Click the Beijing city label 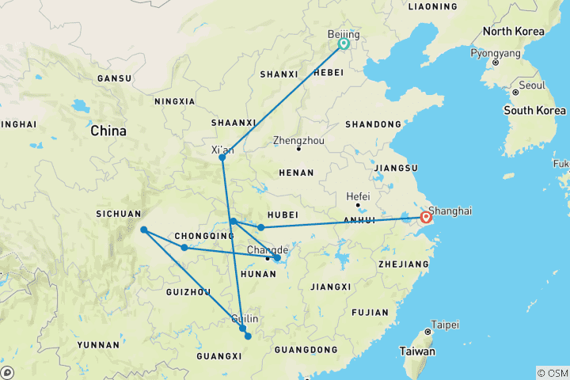[x=344, y=35]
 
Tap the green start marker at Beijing [x=344, y=44]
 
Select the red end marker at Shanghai [x=427, y=217]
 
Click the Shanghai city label [x=450, y=211]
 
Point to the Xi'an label [x=223, y=148]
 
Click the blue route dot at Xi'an [x=222, y=158]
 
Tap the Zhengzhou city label [x=298, y=140]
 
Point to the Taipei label [x=443, y=324]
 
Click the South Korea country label [x=534, y=110]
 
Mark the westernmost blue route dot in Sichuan [x=143, y=230]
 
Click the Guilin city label [x=244, y=318]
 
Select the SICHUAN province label [x=117, y=213]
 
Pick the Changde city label [x=268, y=249]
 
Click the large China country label [x=108, y=131]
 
